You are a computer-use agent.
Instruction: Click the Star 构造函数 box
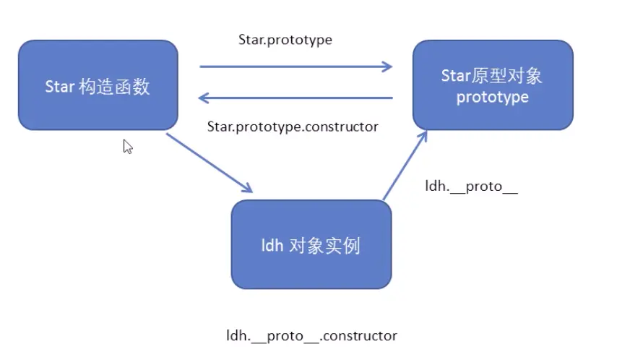[98, 85]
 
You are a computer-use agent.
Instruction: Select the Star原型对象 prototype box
[493, 85]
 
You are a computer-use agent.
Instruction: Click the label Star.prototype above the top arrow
[285, 40]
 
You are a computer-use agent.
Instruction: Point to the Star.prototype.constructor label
[293, 127]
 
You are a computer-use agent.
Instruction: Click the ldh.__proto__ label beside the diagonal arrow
[472, 186]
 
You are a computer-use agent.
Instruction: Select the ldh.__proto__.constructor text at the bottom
[311, 336]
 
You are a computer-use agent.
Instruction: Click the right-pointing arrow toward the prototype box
[296, 67]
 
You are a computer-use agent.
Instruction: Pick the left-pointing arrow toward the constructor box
[296, 98]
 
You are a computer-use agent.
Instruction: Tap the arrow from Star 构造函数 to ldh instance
[210, 163]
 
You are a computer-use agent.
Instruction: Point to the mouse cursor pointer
[127, 146]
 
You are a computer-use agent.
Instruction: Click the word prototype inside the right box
[493, 97]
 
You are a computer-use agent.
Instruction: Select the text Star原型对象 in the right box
[492, 77]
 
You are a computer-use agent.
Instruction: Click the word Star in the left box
[60, 87]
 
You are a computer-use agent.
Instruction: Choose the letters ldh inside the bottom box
[271, 247]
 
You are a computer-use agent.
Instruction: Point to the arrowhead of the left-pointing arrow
[204, 98]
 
